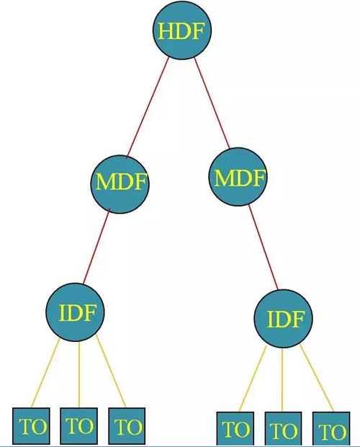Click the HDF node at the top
tap(182, 30)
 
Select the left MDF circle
tap(120, 184)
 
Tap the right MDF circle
tap(238, 177)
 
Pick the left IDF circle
tap(76, 312)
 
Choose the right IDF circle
tap(283, 318)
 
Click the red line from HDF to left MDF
tap(148, 107)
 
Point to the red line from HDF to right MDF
tap(212, 103)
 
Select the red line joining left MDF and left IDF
tap(96, 246)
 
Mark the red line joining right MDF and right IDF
tap(263, 247)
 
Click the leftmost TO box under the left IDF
tap(31, 425)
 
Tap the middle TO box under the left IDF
tap(79, 425)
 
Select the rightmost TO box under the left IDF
tap(127, 426)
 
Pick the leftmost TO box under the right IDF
tap(235, 429)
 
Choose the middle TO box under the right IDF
tap(283, 429)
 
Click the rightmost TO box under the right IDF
tap(331, 429)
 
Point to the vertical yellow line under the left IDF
tap(79, 374)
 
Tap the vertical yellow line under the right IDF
tap(282, 380)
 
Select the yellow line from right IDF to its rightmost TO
tap(317, 378)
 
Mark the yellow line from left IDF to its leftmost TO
tap(45, 373)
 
